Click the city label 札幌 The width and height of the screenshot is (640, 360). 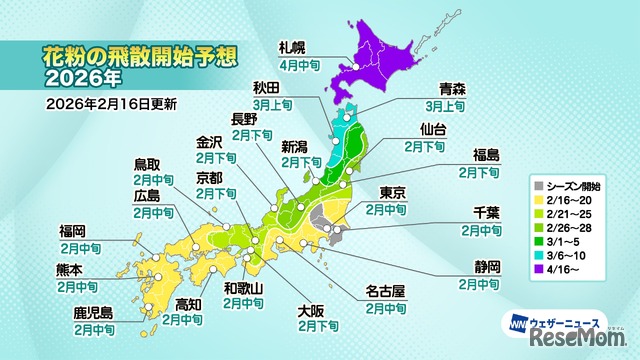pos(294,47)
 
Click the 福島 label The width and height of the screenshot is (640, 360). pos(486,153)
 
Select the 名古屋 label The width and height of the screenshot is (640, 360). pos(385,293)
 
